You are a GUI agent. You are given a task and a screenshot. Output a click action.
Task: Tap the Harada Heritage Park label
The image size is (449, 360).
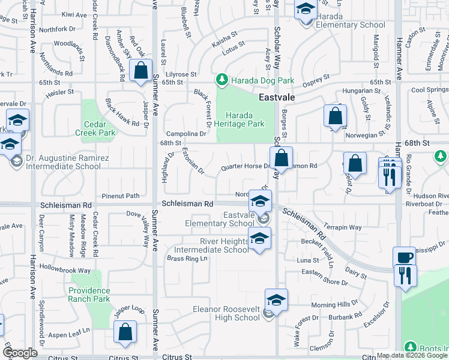point(244,119)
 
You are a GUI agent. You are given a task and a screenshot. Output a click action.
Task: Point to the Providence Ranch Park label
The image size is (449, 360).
point(89,294)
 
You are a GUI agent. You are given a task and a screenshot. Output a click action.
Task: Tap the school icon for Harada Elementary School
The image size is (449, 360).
point(306,10)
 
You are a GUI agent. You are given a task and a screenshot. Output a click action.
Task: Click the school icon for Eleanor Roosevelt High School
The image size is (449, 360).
point(276,299)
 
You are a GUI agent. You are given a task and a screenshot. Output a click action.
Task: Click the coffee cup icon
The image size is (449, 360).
point(405,257)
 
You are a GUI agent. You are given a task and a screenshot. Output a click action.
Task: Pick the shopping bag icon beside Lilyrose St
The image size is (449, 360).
point(140,70)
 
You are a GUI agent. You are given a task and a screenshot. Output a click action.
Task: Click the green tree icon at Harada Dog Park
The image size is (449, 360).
point(222,80)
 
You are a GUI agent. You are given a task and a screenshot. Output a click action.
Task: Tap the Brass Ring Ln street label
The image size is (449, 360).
point(187,259)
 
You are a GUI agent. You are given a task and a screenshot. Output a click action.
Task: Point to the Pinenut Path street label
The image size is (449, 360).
point(120,196)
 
